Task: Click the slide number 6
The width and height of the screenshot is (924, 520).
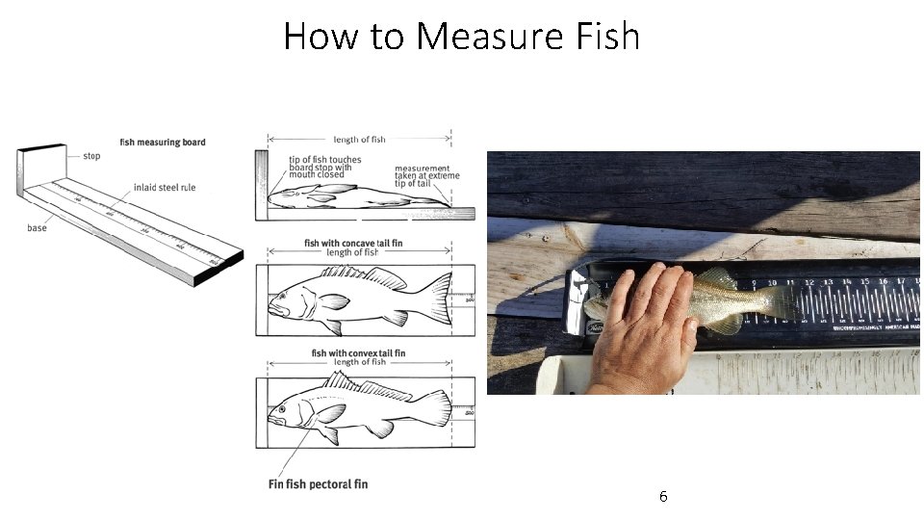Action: [663, 497]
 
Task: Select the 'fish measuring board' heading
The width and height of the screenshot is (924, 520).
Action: [163, 143]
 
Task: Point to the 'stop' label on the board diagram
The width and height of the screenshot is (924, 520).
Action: [91, 156]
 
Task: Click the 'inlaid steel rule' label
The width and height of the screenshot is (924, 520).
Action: [165, 188]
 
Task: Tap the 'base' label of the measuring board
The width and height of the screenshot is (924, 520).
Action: [37, 228]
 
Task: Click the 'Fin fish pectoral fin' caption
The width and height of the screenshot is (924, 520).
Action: [318, 483]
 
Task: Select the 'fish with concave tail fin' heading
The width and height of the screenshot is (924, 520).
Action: [353, 244]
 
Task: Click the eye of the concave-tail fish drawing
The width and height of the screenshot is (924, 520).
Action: [283, 295]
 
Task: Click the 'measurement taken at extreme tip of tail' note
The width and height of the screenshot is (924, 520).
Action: [426, 176]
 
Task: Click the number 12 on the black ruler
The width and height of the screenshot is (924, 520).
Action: [808, 283]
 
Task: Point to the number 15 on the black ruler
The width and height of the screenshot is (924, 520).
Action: [864, 282]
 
